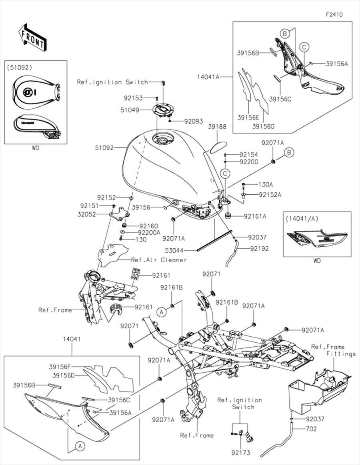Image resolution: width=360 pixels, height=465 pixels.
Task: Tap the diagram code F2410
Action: point(334,14)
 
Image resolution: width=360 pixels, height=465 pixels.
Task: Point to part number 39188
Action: point(217,126)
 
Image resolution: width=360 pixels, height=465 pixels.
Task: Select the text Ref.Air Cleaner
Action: point(159,260)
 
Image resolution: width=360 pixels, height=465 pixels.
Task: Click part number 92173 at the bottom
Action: point(240,454)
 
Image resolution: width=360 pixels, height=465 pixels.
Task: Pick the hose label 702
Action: point(311,429)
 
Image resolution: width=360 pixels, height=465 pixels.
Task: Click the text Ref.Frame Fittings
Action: point(334,350)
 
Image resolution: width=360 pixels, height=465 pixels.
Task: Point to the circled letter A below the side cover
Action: point(80,445)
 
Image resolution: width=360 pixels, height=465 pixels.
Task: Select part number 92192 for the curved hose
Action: point(260,248)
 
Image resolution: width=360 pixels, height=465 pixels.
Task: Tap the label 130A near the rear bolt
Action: point(265,184)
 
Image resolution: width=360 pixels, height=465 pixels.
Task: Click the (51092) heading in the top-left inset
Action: point(20,67)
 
